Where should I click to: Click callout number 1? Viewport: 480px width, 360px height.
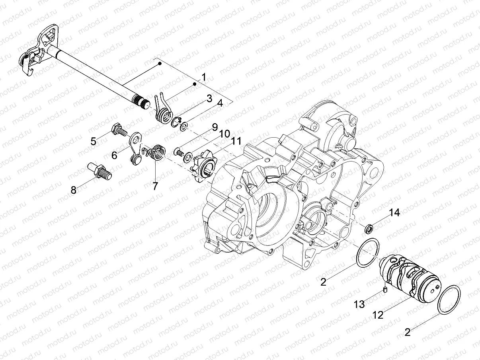[204, 77]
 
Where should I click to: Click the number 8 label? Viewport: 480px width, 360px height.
[73, 190]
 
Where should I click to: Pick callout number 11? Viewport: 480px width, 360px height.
[236, 141]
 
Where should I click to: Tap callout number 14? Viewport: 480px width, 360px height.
[394, 213]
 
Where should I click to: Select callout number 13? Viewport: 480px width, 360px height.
[359, 304]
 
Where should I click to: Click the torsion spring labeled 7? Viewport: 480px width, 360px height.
[157, 152]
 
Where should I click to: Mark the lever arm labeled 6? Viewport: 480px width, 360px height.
[135, 148]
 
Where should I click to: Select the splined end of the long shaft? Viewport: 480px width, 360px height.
[142, 101]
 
